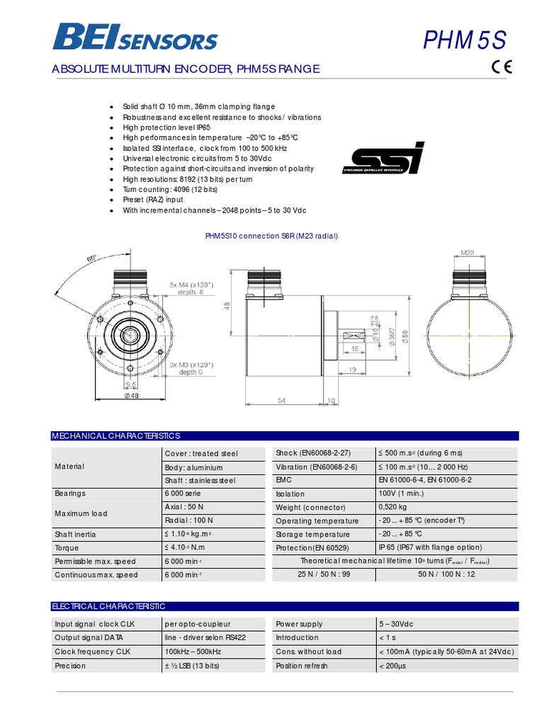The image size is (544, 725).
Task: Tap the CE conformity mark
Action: click(501, 68)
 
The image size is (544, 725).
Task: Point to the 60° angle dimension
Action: click(91, 259)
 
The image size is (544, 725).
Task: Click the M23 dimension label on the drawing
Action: click(467, 252)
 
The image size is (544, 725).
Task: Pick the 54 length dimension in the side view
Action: click(281, 401)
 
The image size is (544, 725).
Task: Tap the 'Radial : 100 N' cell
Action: click(188, 520)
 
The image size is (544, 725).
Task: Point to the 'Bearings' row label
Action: click(70, 493)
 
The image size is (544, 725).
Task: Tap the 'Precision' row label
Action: click(70, 666)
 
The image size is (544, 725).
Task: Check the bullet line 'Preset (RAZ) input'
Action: click(153, 200)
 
